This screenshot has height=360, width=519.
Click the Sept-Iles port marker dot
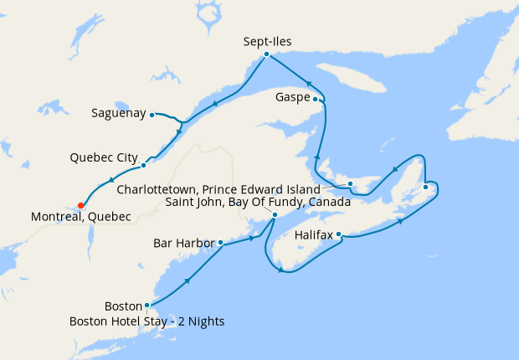pos(266,54)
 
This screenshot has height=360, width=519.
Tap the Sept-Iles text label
pos(267,40)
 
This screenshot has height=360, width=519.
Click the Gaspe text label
pos(295,98)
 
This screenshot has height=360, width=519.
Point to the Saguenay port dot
pos(152,114)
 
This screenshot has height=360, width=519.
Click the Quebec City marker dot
pos(143,165)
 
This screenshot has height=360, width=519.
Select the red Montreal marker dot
pos(80,204)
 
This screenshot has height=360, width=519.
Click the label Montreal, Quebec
pos(81,217)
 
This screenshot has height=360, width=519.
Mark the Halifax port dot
pos(339,235)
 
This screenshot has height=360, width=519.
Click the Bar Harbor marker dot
pos(221,244)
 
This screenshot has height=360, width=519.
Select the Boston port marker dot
pos(147,306)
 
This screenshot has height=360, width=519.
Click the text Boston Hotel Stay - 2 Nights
pos(147,321)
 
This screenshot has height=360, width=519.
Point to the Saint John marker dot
pos(275,214)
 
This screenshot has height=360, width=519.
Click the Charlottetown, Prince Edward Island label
pos(218,189)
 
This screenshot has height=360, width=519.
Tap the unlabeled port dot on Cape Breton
pos(425,187)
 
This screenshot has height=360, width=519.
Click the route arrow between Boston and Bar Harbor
pos(186,280)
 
